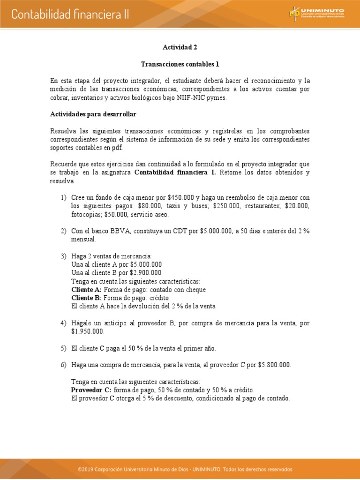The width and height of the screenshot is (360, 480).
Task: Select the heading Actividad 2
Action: point(177,47)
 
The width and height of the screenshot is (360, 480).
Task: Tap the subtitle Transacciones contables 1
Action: point(180,64)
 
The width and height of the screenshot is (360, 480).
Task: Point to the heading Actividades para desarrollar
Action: point(93,114)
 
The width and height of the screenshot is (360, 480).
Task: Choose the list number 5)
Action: point(64,348)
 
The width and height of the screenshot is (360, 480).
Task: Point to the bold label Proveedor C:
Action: point(91,390)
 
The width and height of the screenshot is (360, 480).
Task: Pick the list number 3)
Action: point(64,256)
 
